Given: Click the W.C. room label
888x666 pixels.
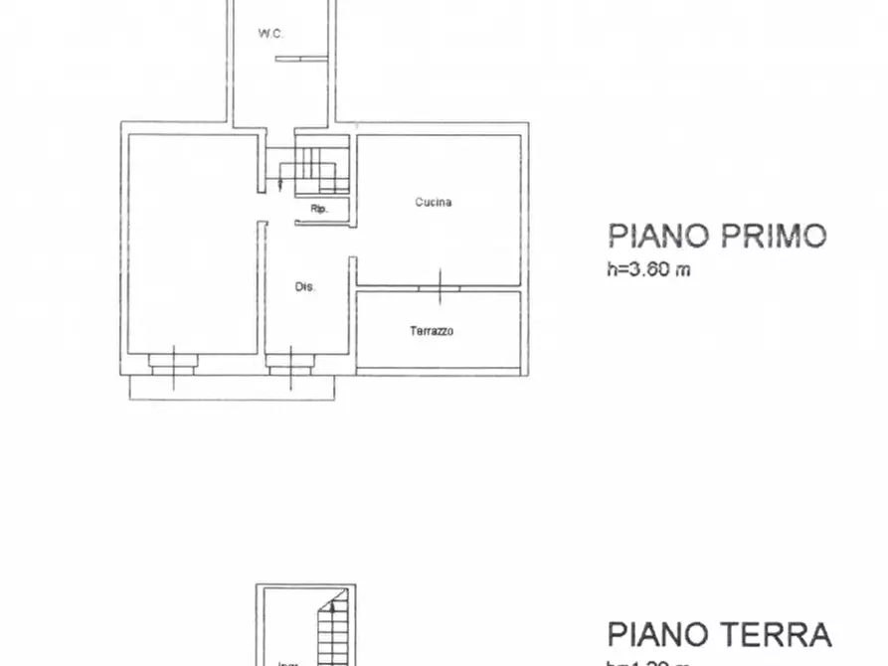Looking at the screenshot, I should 271,34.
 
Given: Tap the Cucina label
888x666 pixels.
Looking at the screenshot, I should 434,203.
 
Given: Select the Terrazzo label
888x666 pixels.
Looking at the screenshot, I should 432,331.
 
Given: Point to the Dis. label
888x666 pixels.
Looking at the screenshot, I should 304,287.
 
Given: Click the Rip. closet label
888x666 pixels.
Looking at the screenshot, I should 319,209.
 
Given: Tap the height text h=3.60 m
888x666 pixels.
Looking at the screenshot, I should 648,269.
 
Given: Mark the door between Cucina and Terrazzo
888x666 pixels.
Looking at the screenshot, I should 439,286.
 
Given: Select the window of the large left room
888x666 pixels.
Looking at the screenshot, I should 174,363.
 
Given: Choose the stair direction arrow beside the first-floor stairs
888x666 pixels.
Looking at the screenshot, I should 281,181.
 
